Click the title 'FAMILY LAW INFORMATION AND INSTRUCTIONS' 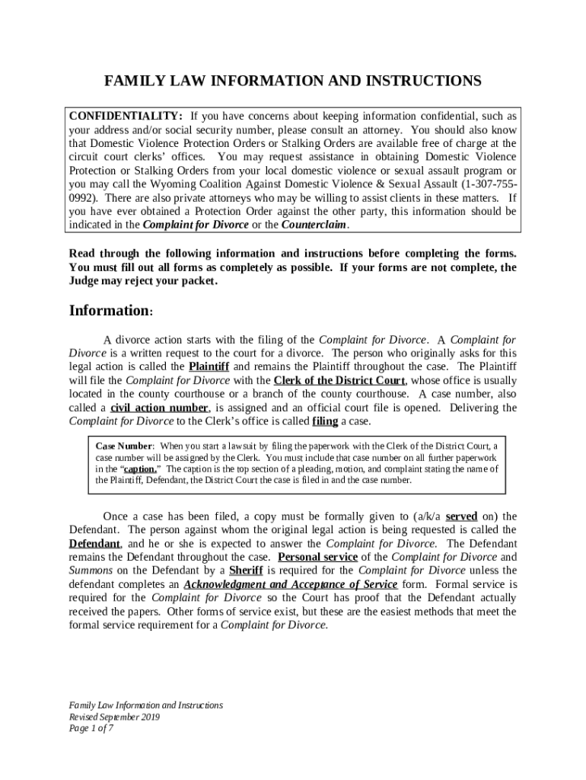[293, 81]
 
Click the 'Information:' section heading [111, 311]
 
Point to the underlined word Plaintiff [209, 367]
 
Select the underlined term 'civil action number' [158, 408]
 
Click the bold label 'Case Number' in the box [125, 446]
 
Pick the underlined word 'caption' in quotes [140, 469]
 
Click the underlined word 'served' [461, 516]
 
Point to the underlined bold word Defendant [94, 544]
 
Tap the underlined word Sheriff [246, 571]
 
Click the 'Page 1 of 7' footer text [91, 729]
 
